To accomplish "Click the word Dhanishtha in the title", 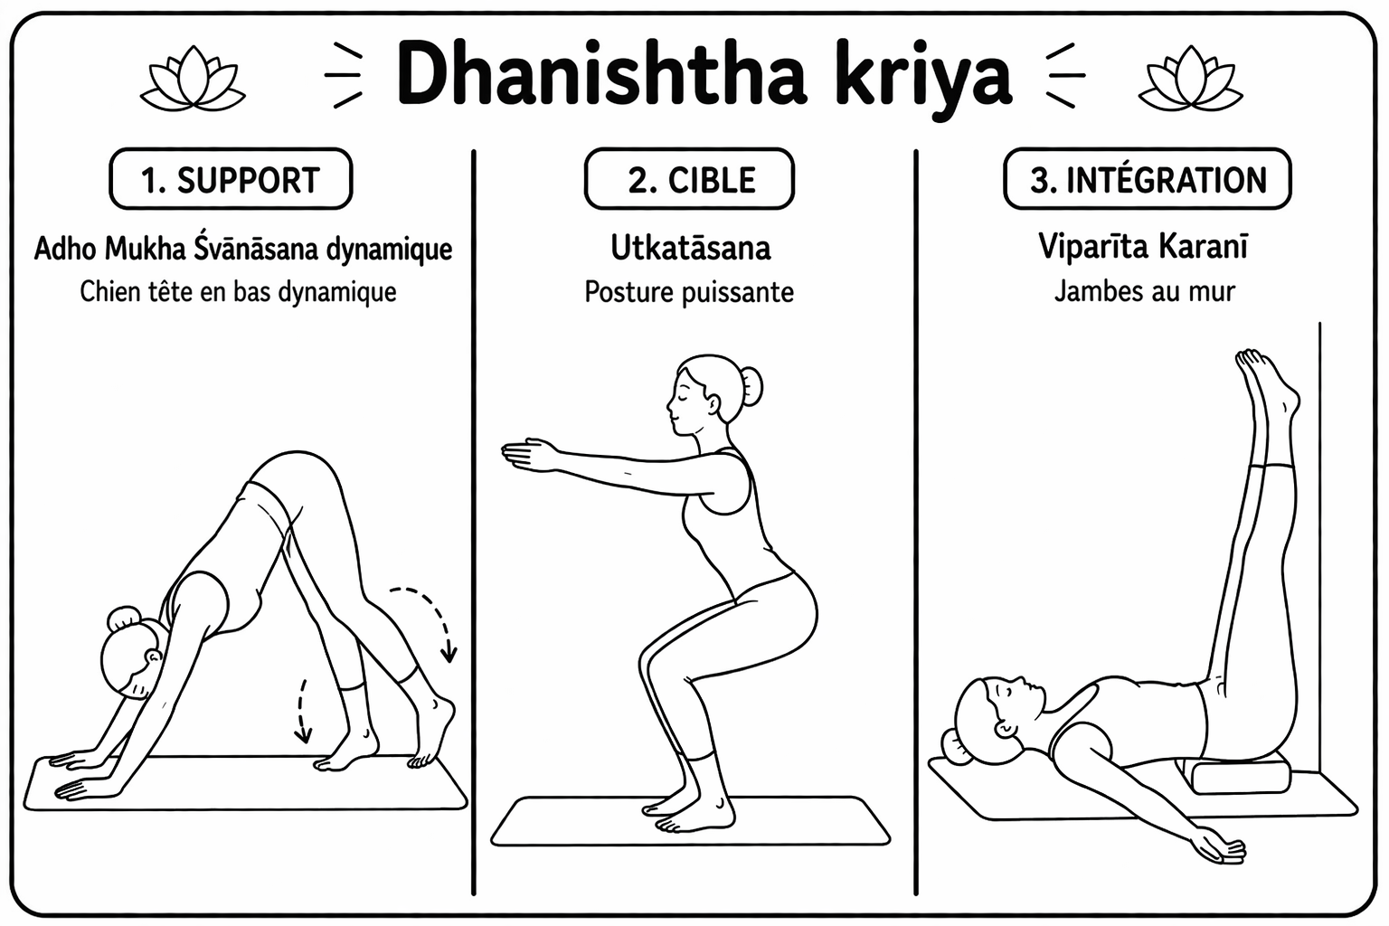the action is tap(600, 74).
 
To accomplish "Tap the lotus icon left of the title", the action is tap(193, 79).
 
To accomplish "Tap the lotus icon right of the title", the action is tap(1191, 79).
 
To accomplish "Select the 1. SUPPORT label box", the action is tap(231, 179).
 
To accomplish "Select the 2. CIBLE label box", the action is tap(689, 179).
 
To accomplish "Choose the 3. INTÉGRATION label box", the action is tap(1148, 179).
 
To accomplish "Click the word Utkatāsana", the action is tap(691, 248).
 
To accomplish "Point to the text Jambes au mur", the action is tap(1145, 291).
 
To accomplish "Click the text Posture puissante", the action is tap(689, 292).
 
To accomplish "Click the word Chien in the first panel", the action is tap(109, 292).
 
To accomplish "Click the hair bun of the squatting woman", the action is tap(751, 386).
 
